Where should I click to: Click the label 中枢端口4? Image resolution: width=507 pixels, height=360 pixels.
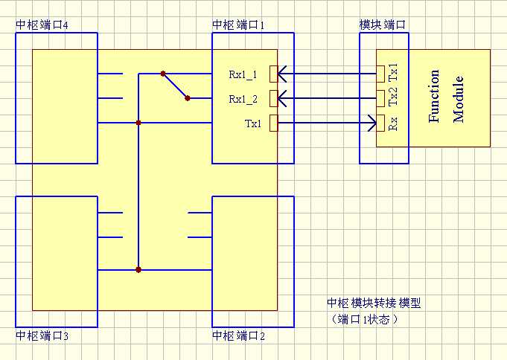pos(42,25)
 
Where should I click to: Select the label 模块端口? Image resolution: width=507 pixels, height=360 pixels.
pos(382,25)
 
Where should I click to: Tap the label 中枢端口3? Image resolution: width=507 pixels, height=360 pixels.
pos(42,336)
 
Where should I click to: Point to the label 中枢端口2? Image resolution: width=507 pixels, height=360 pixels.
pos(239,336)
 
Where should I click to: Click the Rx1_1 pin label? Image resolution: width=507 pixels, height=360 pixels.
pos(244,74)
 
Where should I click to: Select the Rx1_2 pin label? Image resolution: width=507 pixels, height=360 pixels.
pos(244,98)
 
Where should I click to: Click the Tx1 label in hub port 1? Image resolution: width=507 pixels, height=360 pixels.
pos(252,123)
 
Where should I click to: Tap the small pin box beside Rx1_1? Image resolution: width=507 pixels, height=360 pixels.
pos(273,74)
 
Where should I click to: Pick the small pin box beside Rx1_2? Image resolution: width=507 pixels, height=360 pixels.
pos(273,97)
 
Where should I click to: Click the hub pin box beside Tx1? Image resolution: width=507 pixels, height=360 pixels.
pos(273,123)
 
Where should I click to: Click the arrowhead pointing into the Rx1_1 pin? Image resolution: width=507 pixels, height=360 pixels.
pos(283,74)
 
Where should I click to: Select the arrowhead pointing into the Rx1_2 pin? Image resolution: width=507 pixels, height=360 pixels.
pos(283,97)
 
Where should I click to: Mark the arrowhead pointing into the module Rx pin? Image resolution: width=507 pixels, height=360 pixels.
pos(372,123)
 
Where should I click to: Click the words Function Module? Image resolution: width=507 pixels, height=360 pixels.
pos(447,97)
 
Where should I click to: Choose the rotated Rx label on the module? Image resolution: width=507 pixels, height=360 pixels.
pos(392,123)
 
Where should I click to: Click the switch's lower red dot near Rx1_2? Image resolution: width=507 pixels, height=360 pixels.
pos(187,97)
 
